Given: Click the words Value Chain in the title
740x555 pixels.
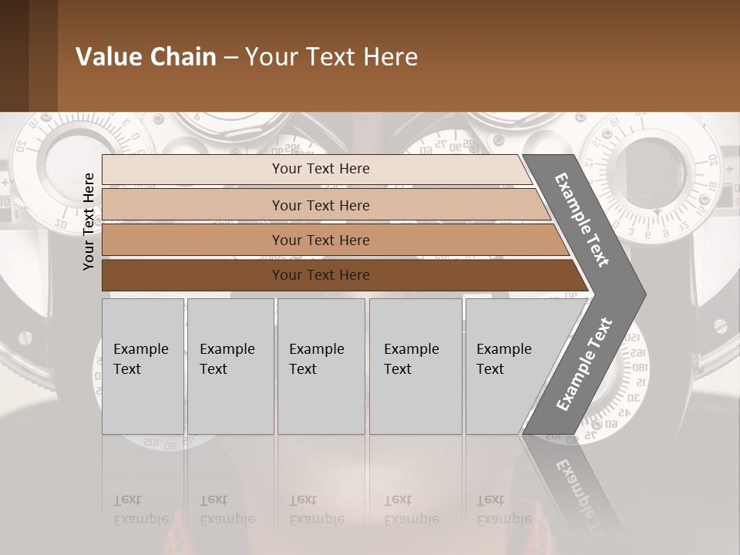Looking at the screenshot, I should click(146, 57).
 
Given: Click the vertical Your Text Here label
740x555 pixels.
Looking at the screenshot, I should click(89, 221).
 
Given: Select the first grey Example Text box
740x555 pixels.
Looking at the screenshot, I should click(143, 366).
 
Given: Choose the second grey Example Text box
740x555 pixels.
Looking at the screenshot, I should click(230, 366).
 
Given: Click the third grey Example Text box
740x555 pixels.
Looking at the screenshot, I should click(321, 366).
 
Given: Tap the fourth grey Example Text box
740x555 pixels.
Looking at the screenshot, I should click(415, 366).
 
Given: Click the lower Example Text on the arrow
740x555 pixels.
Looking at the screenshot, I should click(584, 364).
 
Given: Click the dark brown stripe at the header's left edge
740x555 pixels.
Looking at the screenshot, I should click(14, 55).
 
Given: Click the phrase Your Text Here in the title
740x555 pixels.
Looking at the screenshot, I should click(331, 57).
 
